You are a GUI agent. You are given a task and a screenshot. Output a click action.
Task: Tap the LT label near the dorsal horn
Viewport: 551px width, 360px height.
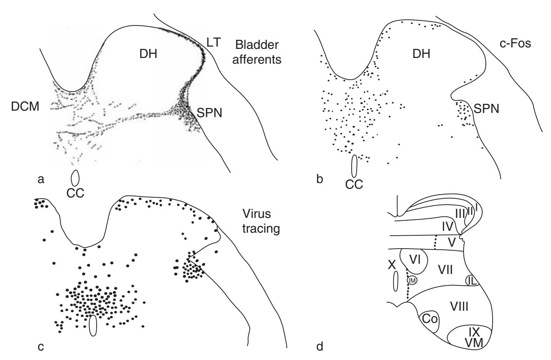click(214, 42)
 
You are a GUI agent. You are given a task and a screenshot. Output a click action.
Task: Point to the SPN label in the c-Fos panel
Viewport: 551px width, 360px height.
click(487, 109)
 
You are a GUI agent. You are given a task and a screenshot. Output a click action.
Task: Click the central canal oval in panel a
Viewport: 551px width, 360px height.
click(75, 177)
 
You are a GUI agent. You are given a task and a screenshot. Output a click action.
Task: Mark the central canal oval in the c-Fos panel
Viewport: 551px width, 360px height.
click(354, 166)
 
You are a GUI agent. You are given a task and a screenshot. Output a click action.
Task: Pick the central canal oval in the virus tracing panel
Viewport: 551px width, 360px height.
click(93, 326)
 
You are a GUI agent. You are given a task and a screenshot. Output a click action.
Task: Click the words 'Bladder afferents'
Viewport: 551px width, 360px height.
click(257, 52)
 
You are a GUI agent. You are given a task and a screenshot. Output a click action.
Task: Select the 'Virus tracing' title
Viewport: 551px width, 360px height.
click(260, 221)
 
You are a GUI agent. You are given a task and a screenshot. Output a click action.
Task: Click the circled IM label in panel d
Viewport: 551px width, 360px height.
click(412, 280)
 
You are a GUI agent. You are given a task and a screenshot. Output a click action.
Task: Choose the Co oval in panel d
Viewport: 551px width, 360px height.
click(430, 319)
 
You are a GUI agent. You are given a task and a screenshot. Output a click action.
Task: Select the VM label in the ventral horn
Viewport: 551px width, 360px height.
click(474, 342)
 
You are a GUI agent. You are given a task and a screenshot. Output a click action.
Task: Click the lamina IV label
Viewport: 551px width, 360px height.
click(448, 227)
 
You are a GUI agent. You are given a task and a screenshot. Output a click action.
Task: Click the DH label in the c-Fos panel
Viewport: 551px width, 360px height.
click(421, 54)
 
